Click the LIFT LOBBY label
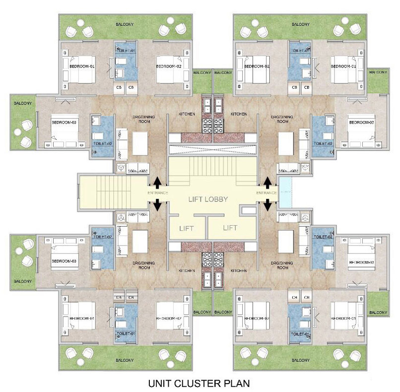coord(208,199)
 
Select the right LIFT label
coord(230,228)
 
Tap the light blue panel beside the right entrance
coord(285,193)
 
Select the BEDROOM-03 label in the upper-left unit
coord(63,123)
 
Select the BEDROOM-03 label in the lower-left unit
coord(63,261)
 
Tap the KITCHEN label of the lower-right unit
coord(239,271)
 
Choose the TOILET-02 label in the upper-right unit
coord(323,143)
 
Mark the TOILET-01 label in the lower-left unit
coord(122,334)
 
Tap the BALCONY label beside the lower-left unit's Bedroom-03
coord(23,281)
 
